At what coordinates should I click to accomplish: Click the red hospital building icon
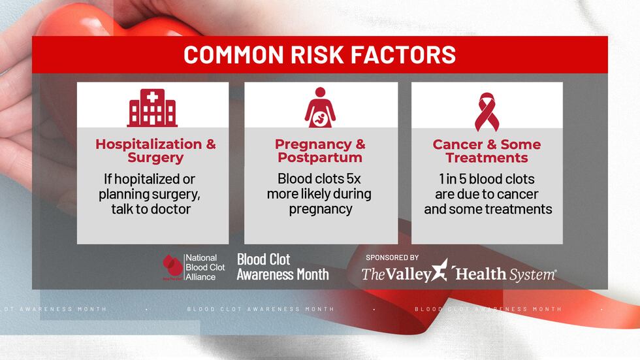(152, 108)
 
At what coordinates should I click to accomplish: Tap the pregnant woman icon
(320, 108)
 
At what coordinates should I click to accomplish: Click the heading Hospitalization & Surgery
(155, 151)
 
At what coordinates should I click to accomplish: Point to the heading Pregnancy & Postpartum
(320, 151)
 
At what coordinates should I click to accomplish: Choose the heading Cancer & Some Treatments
(487, 151)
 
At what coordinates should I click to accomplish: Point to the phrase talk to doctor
(150, 209)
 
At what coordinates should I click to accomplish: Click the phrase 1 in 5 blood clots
(487, 179)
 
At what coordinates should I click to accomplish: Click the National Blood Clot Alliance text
(204, 267)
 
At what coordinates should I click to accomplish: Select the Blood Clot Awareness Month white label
(282, 267)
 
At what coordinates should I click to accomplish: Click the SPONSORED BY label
(392, 257)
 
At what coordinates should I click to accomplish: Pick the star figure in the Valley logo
(441, 270)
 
